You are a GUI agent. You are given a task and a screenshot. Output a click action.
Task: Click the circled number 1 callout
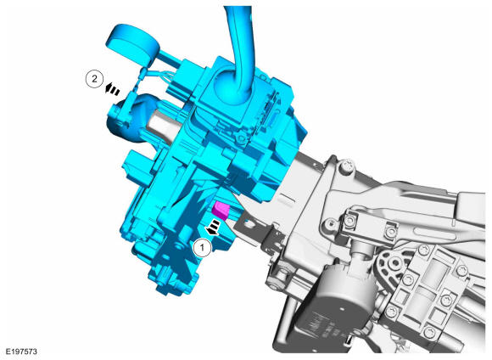coord(203,248)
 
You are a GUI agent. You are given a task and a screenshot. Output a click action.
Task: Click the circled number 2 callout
coord(94,79)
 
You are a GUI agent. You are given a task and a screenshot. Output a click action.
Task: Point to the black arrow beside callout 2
coord(112,88)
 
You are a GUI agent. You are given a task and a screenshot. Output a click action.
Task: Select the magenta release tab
coord(221,211)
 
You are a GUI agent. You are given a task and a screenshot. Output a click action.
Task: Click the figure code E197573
coord(21,352)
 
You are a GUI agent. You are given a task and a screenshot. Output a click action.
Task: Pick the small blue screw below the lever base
coord(241,138)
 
